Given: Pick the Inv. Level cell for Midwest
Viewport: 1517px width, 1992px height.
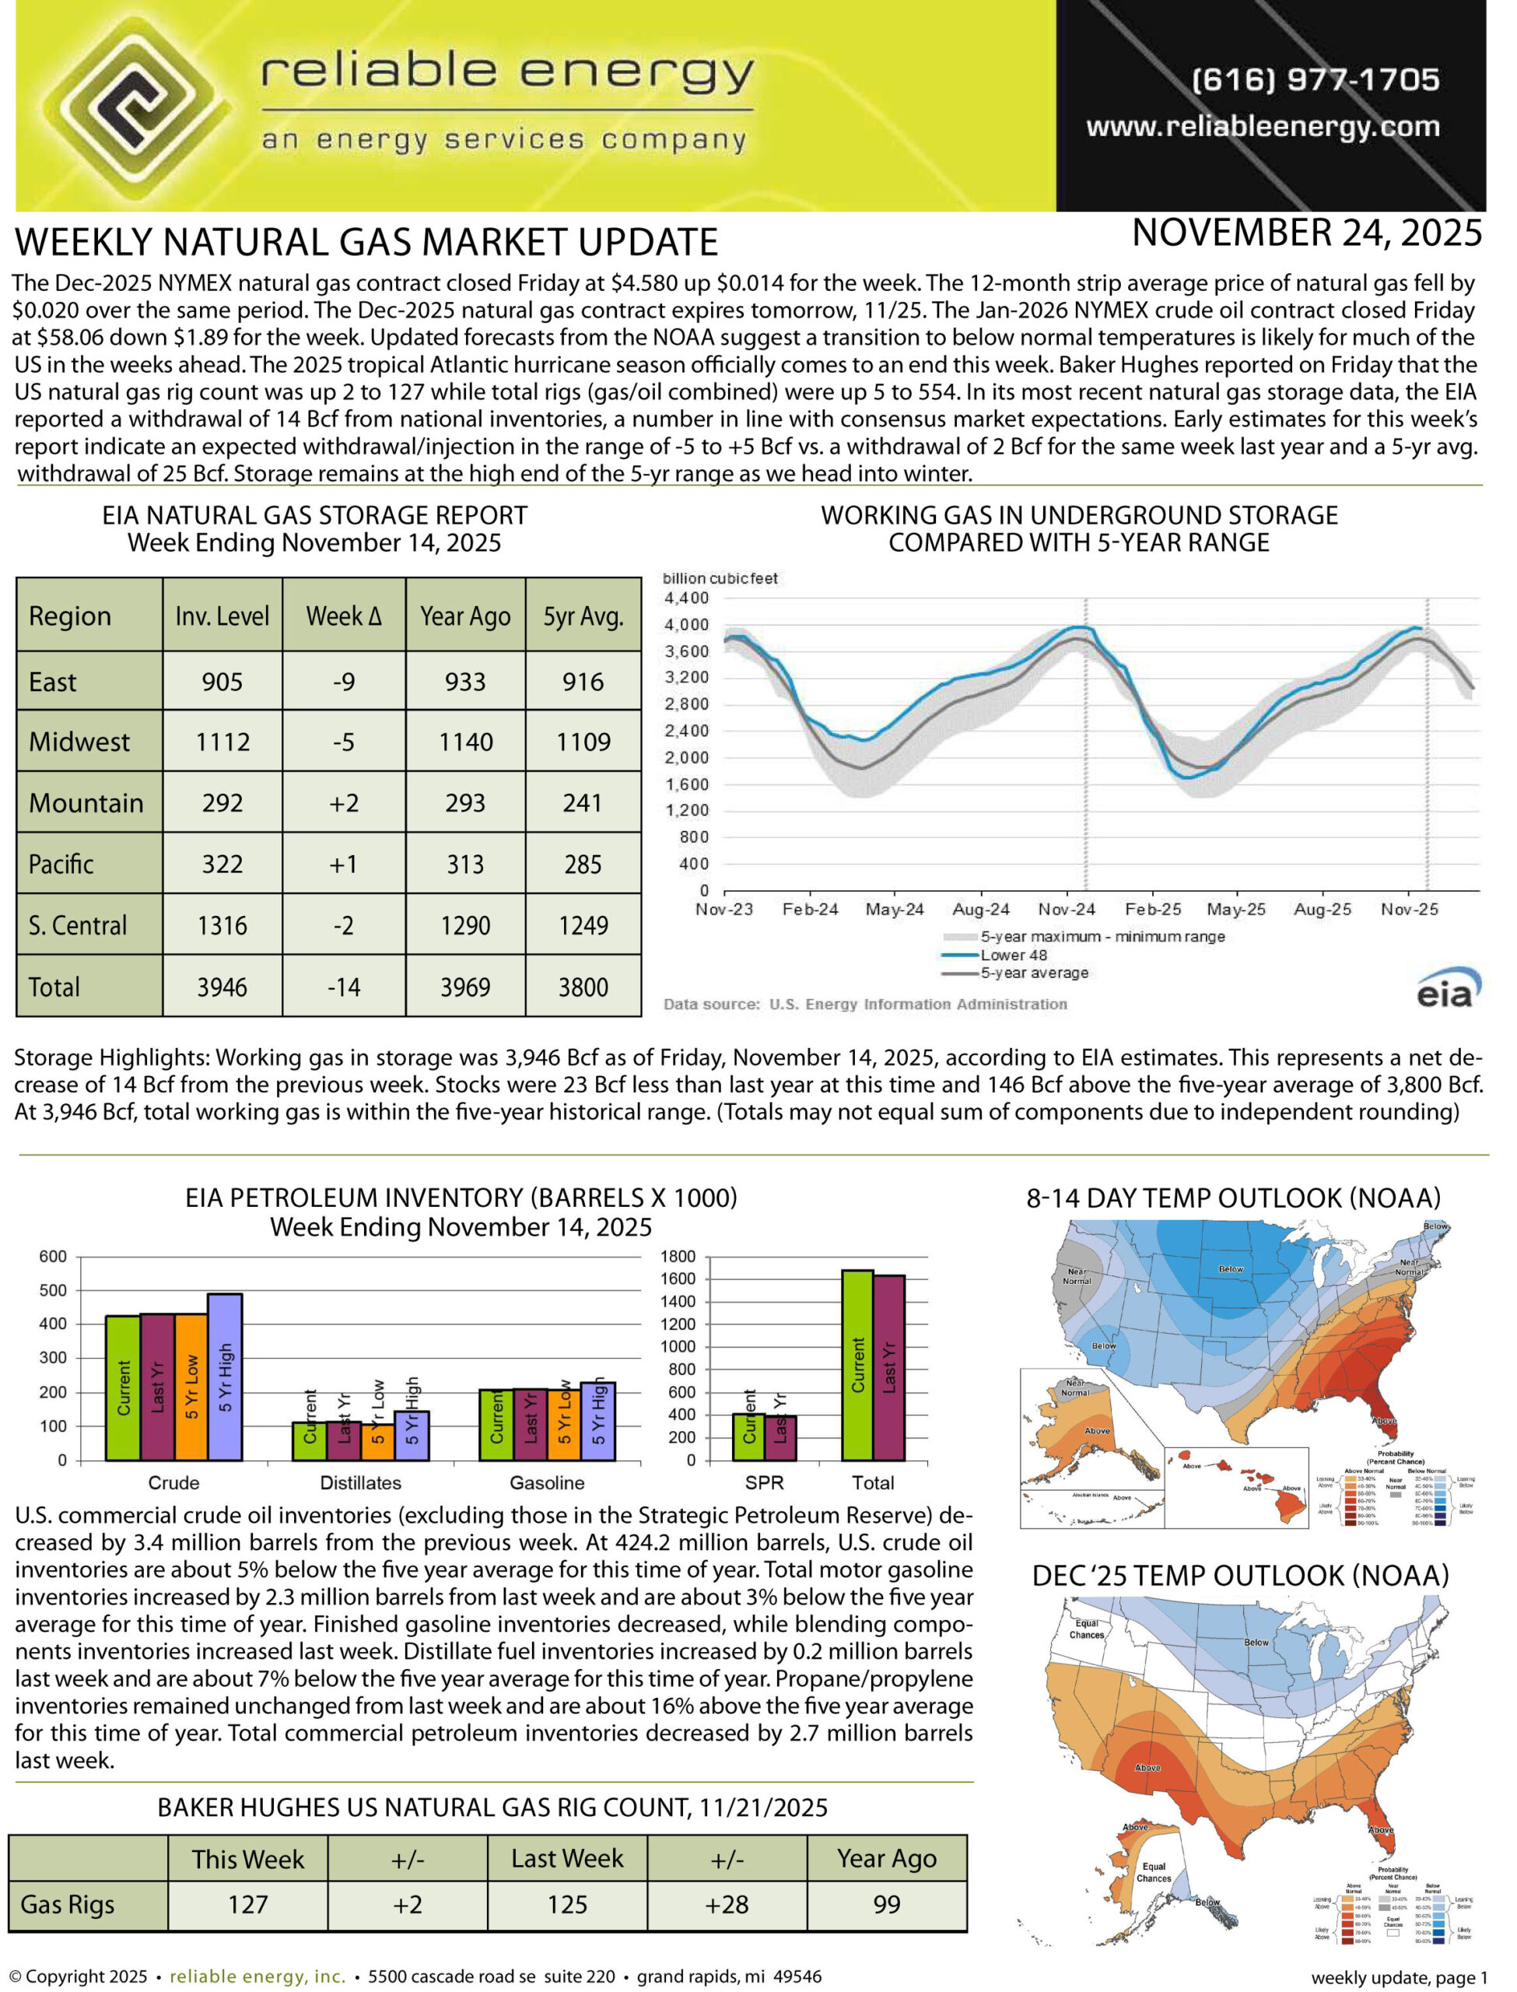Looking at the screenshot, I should coord(223,742).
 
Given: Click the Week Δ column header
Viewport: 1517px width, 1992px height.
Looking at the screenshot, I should coord(344,617).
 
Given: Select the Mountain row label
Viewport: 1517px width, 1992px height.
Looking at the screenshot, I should coord(86,804).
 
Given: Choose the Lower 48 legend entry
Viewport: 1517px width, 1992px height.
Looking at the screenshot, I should coord(1013,956).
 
